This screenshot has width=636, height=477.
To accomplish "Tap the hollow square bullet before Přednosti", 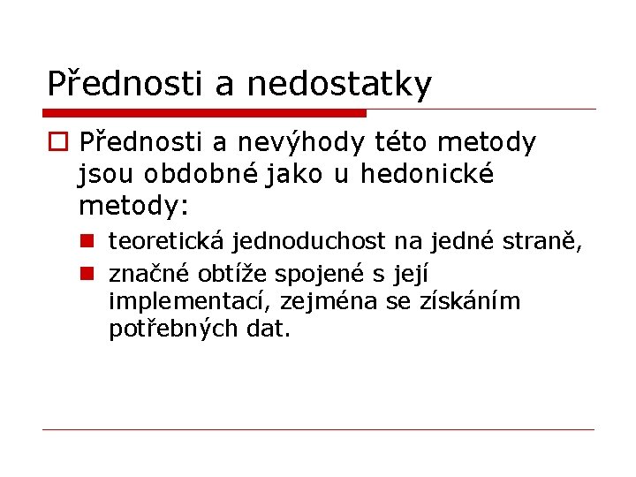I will click(58, 142).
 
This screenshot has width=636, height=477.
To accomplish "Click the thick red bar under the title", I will click(204, 113).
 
